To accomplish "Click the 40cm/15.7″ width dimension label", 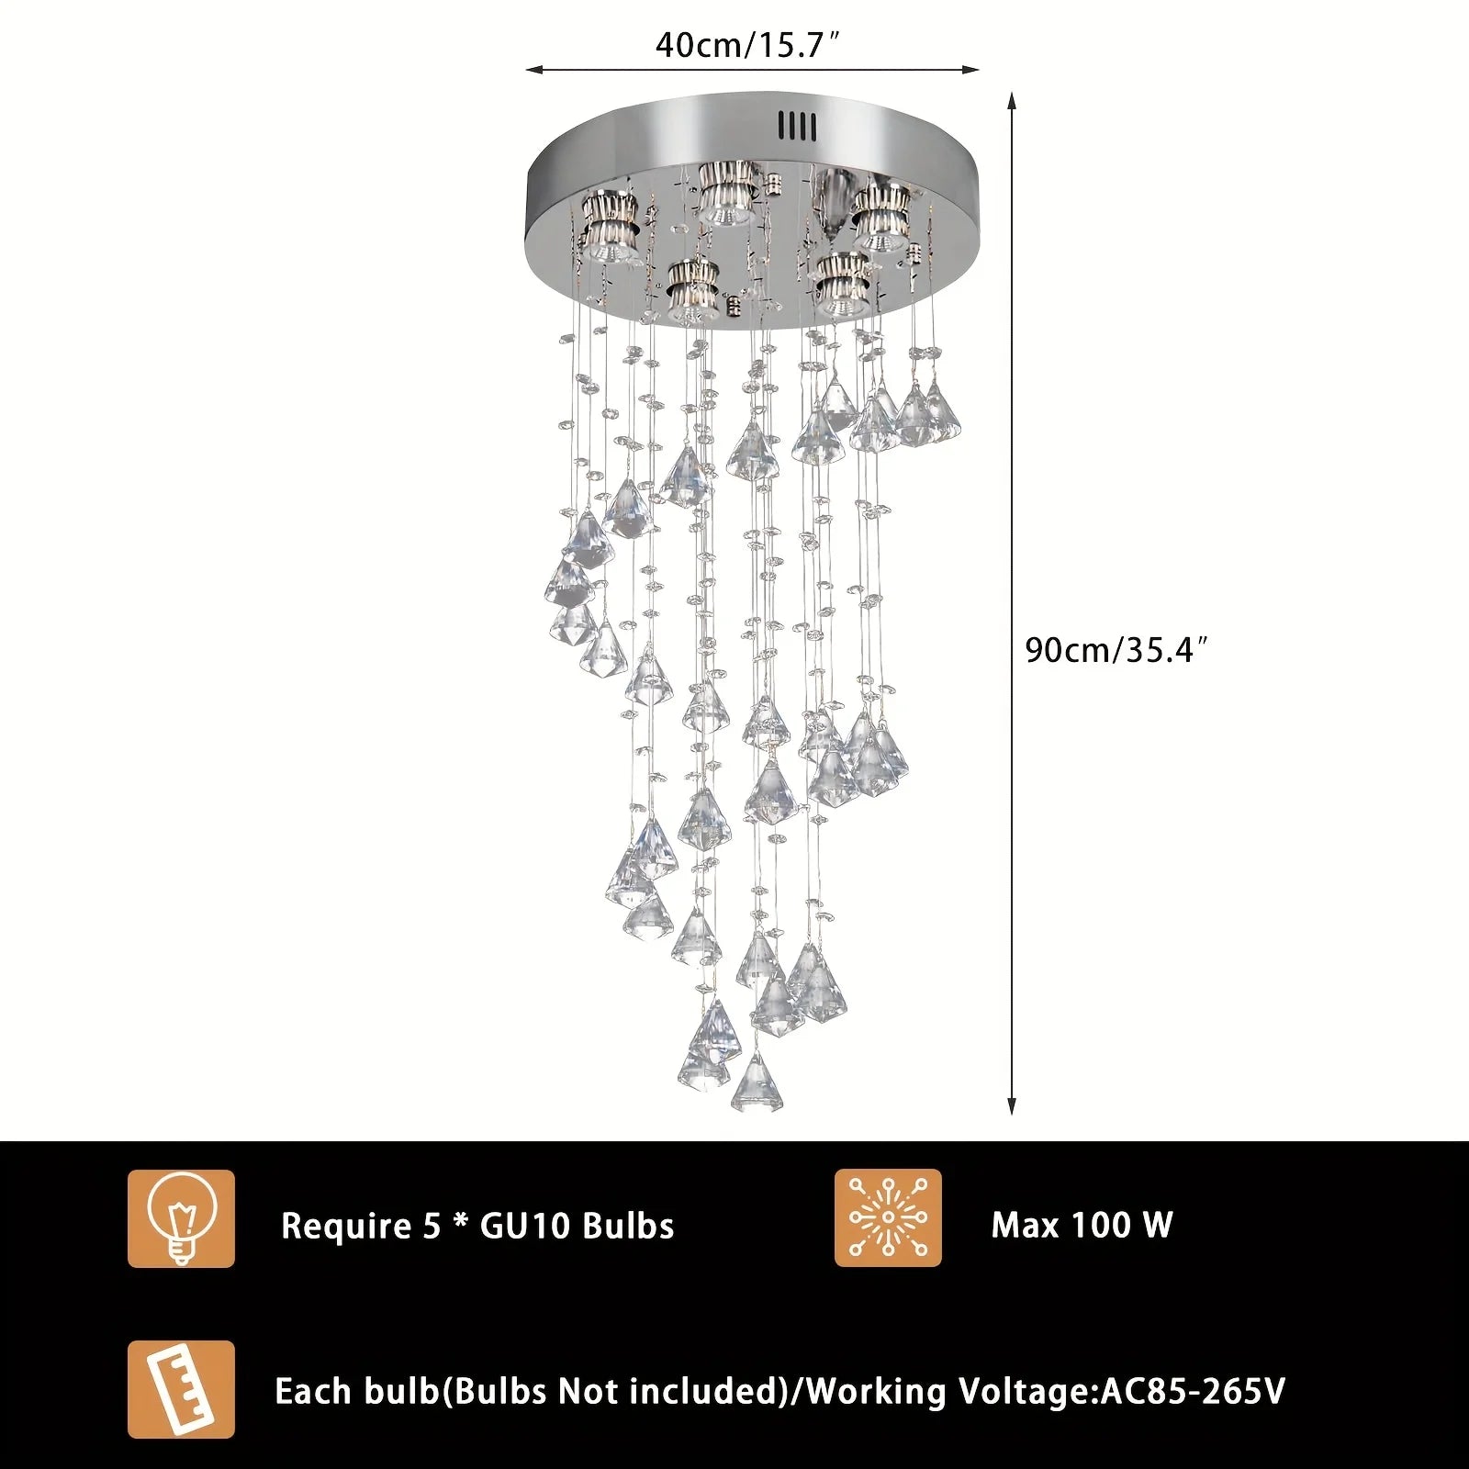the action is pos(748,43).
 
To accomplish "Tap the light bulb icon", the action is pos(181,1218).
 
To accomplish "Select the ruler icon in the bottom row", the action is pos(181,1389).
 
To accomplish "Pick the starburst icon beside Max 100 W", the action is pos(888,1217).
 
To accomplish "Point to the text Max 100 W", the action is pos(1082,1225).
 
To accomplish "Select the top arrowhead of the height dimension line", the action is pos(1012,99).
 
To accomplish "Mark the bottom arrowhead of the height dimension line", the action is pos(1012,1106).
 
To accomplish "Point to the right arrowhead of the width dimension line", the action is pos(970,69).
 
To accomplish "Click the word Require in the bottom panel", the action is pos(347,1227).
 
